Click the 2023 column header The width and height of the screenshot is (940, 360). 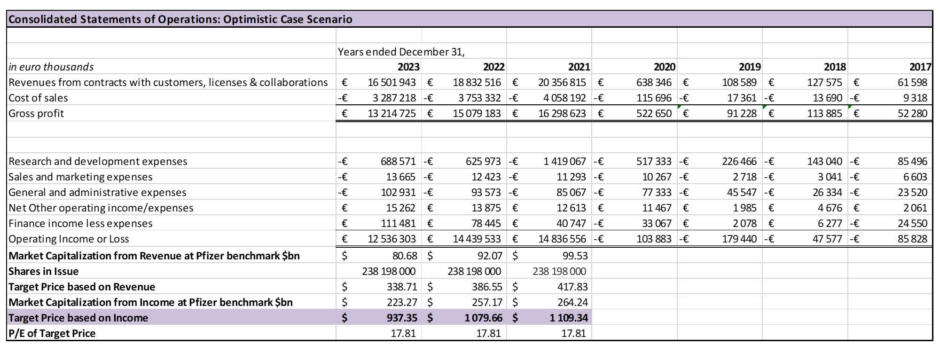coord(408,67)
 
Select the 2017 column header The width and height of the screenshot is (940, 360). coord(920,67)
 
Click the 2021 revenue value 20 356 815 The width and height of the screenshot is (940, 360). coord(562,82)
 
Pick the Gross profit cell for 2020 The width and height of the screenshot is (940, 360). coord(654,113)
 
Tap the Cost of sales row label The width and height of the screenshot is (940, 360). coord(38,98)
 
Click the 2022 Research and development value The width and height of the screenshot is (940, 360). coord(483,161)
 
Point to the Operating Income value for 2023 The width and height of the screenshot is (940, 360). coord(392,239)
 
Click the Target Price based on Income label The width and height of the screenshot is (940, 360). coord(78,318)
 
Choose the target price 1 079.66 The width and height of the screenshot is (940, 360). coord(483,318)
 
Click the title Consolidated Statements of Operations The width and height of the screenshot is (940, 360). coord(180,19)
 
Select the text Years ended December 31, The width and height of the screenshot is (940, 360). coord(401,52)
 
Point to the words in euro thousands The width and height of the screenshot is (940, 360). coord(51,67)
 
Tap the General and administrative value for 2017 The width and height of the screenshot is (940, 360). coord(912,192)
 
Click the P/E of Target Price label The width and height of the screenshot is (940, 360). coord(52,333)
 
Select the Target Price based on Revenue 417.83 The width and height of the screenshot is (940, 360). coord(572,287)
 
